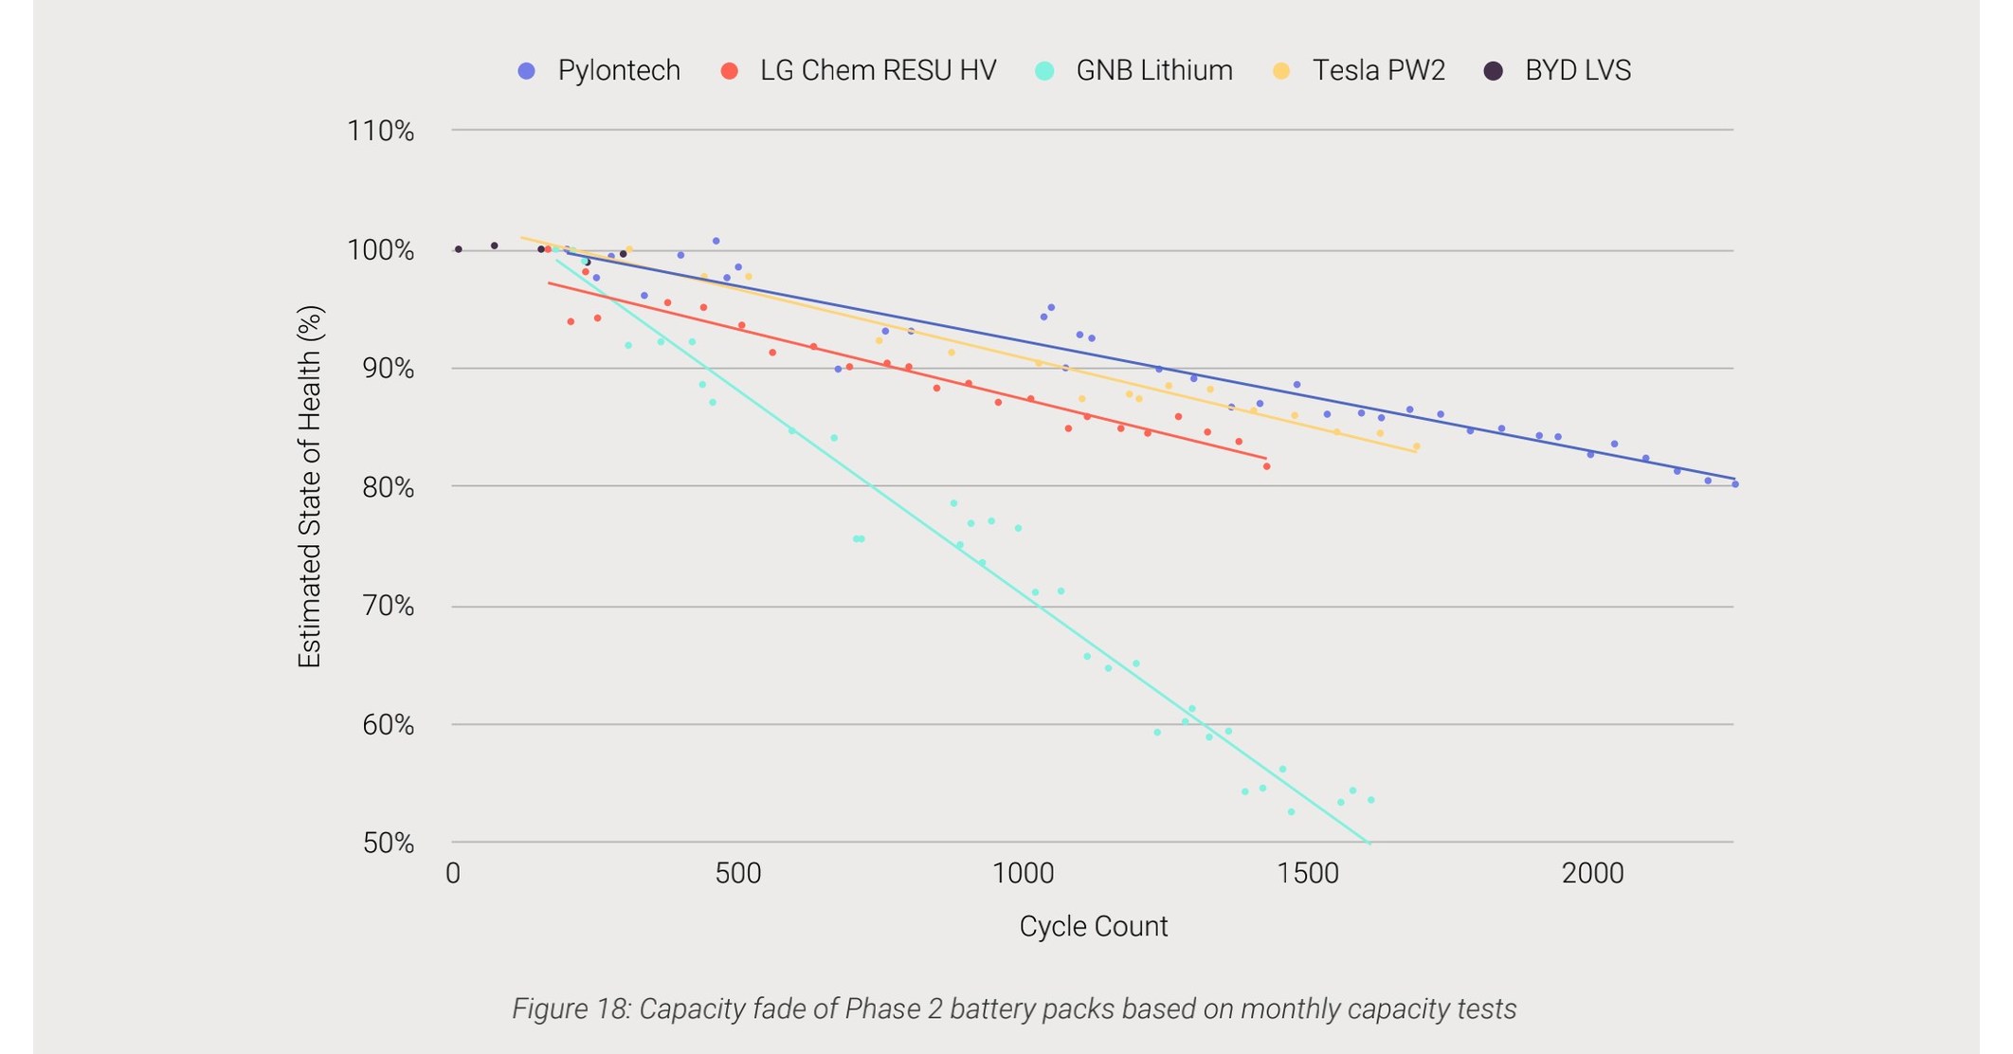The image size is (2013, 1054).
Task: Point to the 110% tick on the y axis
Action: pos(381,131)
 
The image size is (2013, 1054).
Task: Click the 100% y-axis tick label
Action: pos(381,250)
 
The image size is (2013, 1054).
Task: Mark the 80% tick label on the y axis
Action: pos(388,487)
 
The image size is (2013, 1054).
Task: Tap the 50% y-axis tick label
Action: pos(388,843)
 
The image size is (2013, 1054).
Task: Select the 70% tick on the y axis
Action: pos(388,606)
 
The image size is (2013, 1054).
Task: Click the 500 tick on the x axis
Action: pos(738,873)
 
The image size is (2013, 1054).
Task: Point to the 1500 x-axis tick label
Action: pos(1308,873)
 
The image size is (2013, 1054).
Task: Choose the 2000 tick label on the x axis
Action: pos(1592,873)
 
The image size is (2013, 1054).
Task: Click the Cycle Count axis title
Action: pos(1093,926)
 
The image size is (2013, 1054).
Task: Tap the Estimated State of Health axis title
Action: pos(310,486)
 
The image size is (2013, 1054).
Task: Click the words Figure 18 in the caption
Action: pos(570,1009)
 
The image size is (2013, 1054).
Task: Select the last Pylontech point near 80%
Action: pos(1734,484)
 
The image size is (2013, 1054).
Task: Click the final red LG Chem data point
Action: pos(1266,466)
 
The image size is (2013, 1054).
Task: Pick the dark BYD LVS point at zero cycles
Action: pos(459,249)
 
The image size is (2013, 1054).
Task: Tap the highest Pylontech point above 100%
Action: pos(716,241)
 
